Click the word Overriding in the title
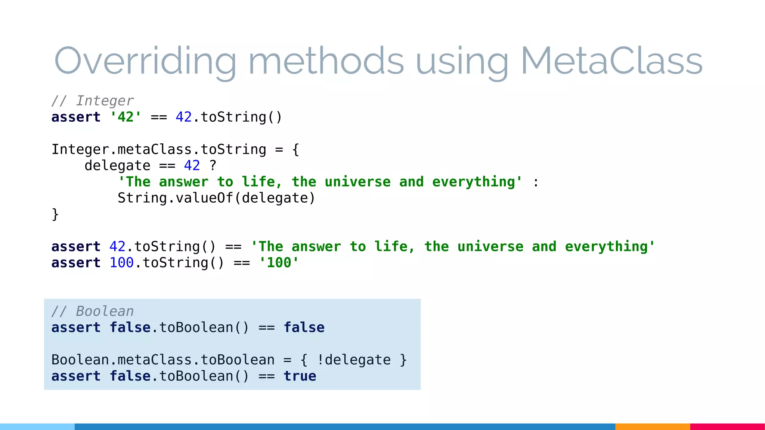[145, 61]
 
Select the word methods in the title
[326, 61]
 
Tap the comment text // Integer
[92, 101]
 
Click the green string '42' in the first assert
[126, 117]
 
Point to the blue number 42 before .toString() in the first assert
[183, 117]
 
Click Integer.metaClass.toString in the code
[159, 149]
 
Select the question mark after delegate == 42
[213, 165]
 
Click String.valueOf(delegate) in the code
[216, 198]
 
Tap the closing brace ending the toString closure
[55, 214]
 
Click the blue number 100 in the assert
[121, 263]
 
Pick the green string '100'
[279, 263]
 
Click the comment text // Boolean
[92, 311]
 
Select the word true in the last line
[300, 376]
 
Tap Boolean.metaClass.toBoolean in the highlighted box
[163, 360]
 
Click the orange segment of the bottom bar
[652, 427]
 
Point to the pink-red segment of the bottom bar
[727, 427]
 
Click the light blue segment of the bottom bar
[37, 427]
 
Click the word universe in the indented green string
[357, 182]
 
